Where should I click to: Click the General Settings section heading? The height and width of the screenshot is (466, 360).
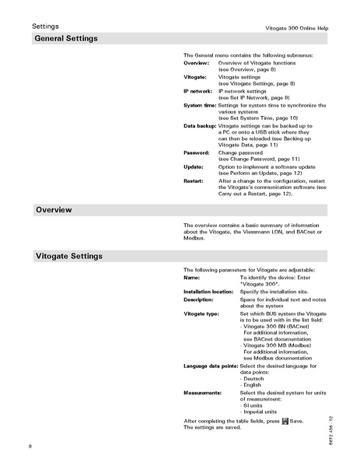(66, 38)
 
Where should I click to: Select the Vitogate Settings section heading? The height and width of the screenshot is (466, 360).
(70, 255)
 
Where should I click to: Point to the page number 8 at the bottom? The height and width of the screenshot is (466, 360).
(30, 446)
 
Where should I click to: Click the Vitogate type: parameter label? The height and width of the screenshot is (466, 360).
(201, 314)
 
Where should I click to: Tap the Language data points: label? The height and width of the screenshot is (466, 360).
(211, 366)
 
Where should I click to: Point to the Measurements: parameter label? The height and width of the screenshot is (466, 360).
(203, 393)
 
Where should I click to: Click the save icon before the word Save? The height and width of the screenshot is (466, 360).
(285, 421)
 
